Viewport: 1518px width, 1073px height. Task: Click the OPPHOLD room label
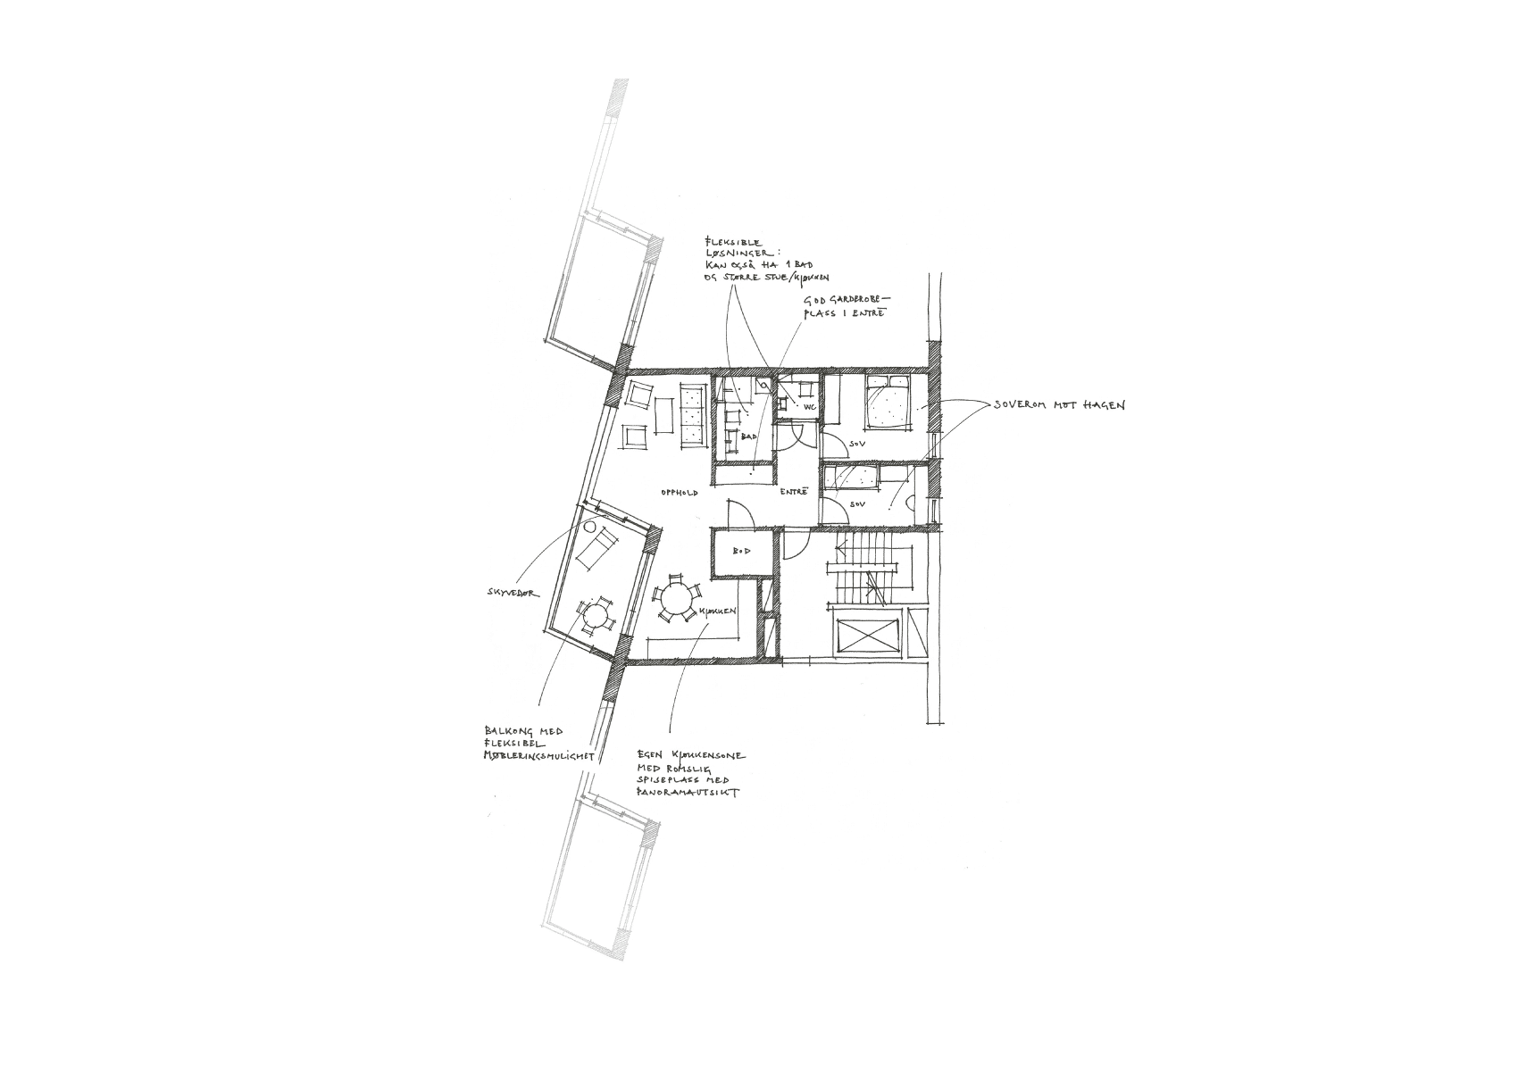[x=679, y=492]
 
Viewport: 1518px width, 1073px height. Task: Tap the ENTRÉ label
[x=794, y=492]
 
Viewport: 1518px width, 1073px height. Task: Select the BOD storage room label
[x=741, y=552]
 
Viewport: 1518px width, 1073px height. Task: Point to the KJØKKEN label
[x=717, y=611]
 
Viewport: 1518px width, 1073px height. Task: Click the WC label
[x=810, y=407]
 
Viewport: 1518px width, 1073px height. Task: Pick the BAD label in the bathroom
[x=748, y=437]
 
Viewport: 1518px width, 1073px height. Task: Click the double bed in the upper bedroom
[x=887, y=403]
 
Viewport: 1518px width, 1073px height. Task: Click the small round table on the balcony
[x=594, y=615]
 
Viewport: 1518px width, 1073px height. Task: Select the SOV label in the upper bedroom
[x=858, y=443]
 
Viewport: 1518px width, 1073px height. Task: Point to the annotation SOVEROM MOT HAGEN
[x=1060, y=405]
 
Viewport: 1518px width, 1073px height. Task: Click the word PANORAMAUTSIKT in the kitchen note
[x=688, y=793]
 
